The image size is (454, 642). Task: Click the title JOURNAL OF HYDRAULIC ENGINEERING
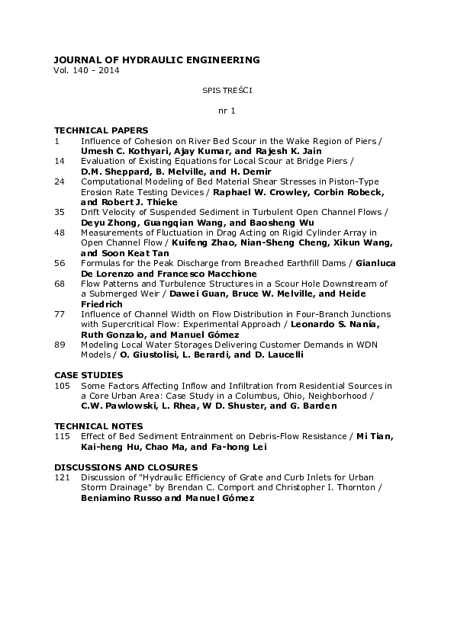(156, 59)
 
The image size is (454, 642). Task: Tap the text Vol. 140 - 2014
(86, 70)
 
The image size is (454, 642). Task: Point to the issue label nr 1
(227, 111)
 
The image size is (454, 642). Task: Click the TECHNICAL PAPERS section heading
(101, 131)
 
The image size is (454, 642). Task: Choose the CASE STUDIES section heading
(89, 375)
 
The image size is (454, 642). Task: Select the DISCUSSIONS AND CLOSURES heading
(126, 467)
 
